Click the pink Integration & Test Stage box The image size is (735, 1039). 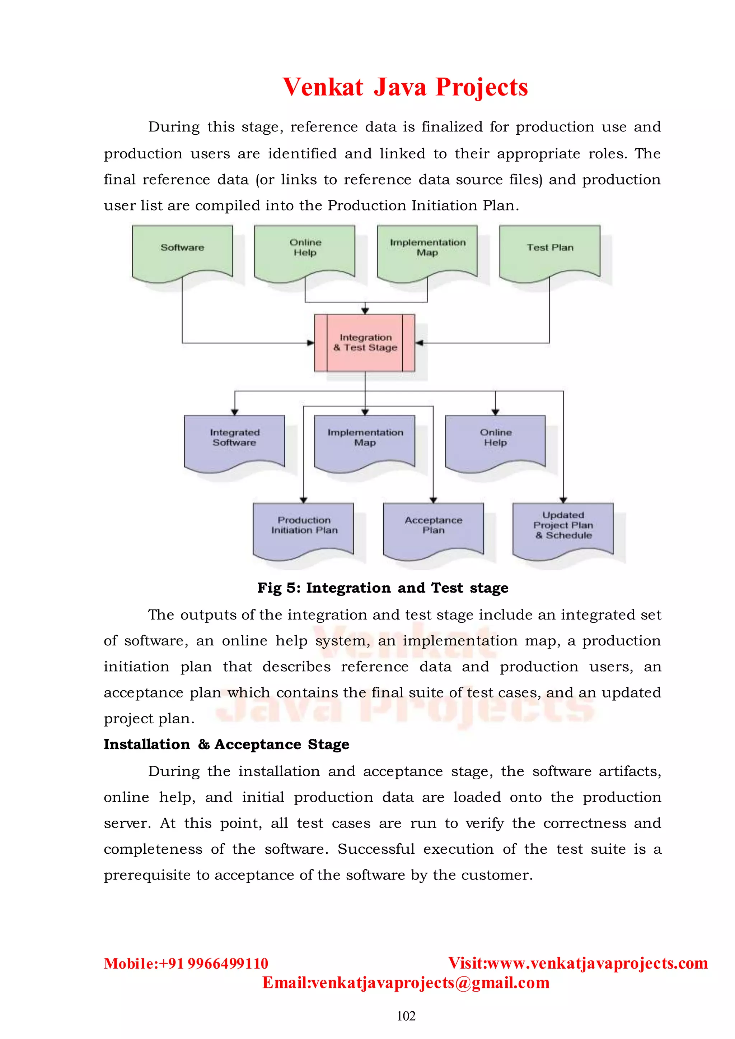[365, 343]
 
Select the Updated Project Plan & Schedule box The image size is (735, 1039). [563, 528]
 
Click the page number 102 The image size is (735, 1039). [406, 1016]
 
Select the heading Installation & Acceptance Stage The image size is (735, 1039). [226, 744]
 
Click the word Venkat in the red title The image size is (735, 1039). [323, 87]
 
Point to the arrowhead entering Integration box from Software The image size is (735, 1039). [311, 343]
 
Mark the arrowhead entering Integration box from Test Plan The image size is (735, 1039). [419, 343]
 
